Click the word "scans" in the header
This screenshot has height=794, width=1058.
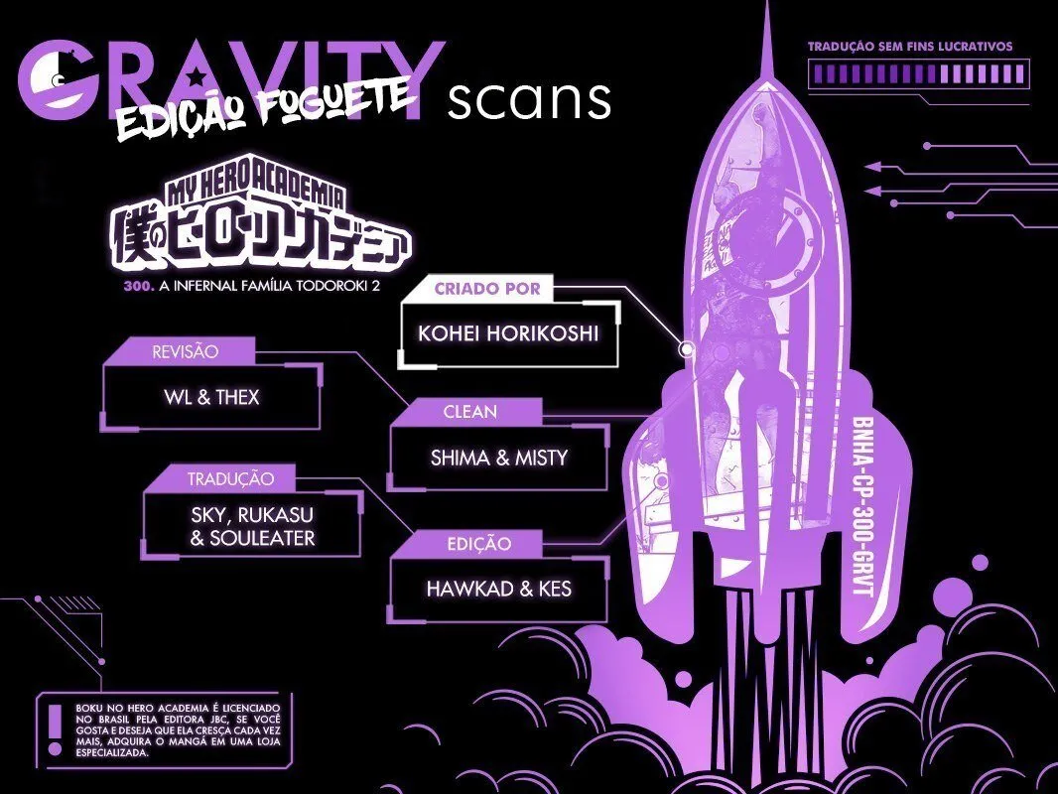point(529,100)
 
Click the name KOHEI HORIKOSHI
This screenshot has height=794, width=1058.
point(508,333)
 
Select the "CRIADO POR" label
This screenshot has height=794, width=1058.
point(487,289)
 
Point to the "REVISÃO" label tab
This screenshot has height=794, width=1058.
point(185,351)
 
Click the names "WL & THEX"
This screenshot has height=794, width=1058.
point(211,397)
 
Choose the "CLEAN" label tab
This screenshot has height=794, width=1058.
point(470,412)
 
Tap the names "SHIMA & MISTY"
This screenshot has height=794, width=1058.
point(499,459)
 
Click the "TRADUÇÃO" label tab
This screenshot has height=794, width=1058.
point(230,479)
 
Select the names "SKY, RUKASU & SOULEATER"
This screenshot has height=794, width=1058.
point(252,526)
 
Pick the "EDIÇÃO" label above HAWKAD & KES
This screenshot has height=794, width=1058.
point(479,544)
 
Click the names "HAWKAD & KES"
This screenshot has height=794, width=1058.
point(498,589)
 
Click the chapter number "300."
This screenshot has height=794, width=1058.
point(139,286)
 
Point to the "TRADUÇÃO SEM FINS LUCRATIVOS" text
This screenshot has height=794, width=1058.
point(910,47)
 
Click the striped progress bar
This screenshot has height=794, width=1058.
point(918,73)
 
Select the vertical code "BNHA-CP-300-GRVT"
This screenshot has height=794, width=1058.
point(863,506)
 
